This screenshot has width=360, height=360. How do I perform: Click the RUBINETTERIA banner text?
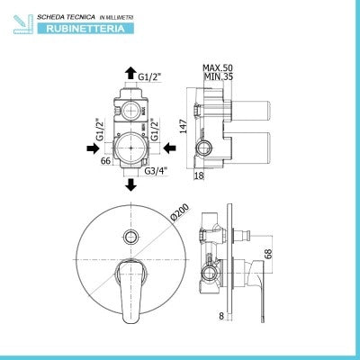pyautogui.click(x=85, y=29)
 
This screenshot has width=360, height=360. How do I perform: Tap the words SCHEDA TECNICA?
pyautogui.click(x=66, y=17)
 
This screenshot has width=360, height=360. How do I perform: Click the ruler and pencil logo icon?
pyautogui.click(x=23, y=24)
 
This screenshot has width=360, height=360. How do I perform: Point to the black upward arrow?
pyautogui.click(x=130, y=73)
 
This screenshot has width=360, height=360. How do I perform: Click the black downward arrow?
pyautogui.click(x=130, y=184)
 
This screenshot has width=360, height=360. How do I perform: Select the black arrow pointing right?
pyautogui.click(x=94, y=148)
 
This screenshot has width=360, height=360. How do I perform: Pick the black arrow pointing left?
pyautogui.click(x=170, y=148)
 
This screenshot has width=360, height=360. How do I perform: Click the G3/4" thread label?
pyautogui.click(x=156, y=171)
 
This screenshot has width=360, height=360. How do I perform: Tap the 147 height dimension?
pyautogui.click(x=184, y=126)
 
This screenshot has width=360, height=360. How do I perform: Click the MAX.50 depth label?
pyautogui.click(x=218, y=67)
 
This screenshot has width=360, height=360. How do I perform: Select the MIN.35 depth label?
pyautogui.click(x=219, y=76)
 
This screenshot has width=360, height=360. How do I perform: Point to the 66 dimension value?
pyautogui.click(x=105, y=161)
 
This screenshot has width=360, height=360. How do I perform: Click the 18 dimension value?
pyautogui.click(x=199, y=175)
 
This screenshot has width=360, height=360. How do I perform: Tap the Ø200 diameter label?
pyautogui.click(x=179, y=212)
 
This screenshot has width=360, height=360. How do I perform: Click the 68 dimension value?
pyautogui.click(x=269, y=254)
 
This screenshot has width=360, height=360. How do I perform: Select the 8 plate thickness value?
pyautogui.click(x=221, y=316)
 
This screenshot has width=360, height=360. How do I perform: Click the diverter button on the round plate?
pyautogui.click(x=130, y=237)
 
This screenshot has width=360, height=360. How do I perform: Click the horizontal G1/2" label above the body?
pyautogui.click(x=149, y=77)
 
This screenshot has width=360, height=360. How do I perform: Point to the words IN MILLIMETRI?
pyautogui.click(x=116, y=18)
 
